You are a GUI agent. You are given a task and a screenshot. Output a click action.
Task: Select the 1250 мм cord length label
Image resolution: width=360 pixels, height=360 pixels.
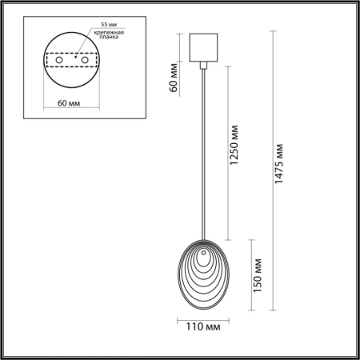click(x=234, y=152)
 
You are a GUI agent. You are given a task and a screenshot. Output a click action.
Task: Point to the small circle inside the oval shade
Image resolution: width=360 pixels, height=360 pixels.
click(x=205, y=257)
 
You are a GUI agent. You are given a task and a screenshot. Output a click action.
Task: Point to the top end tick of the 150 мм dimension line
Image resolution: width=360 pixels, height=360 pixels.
click(x=252, y=239)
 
